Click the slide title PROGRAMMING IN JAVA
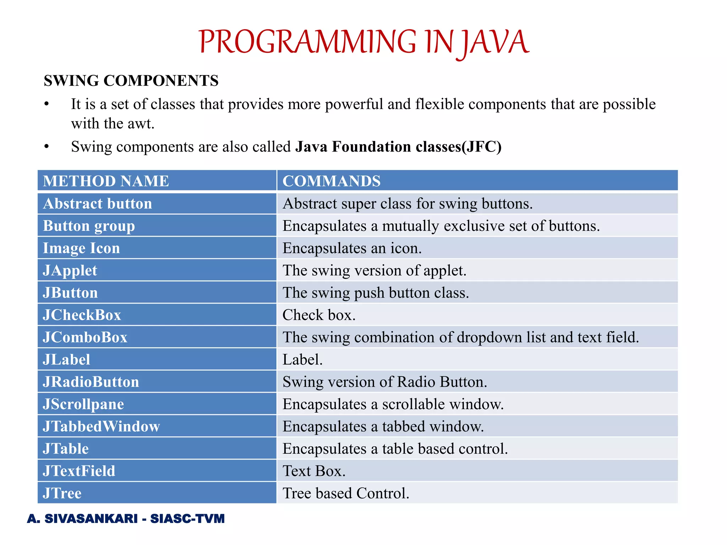[x=363, y=42]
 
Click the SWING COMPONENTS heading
[x=131, y=81]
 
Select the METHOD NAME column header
[x=106, y=181]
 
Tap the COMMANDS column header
[x=331, y=181]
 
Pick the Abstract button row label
[x=98, y=204]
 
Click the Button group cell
[x=89, y=226]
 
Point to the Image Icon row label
[x=82, y=248]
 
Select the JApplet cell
[x=70, y=271]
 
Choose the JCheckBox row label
[x=82, y=315]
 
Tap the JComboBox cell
[x=85, y=337]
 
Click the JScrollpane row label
[x=83, y=404]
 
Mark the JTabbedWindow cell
[x=102, y=426]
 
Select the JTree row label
[x=62, y=493]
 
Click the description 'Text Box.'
[x=314, y=471]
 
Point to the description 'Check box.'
[x=319, y=315]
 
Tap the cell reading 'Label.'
[x=302, y=360]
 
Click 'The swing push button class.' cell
[x=376, y=293]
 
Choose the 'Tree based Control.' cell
[x=346, y=493]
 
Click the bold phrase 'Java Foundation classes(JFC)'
[x=398, y=147]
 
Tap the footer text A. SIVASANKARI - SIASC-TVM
[x=126, y=519]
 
